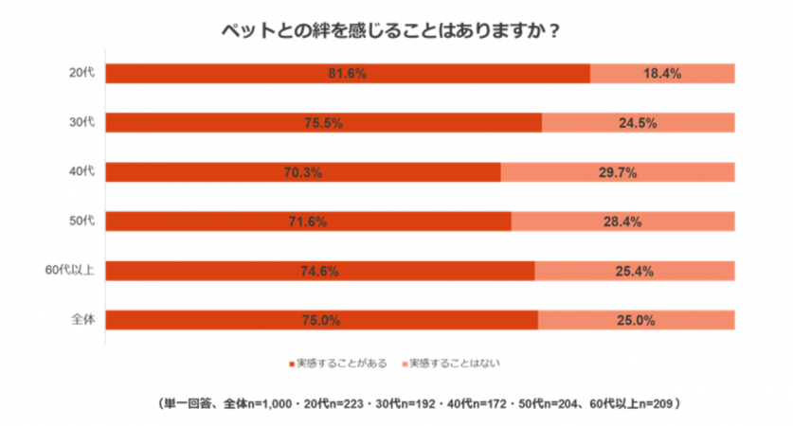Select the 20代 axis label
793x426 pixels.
click(81, 74)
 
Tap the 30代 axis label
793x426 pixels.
click(81, 123)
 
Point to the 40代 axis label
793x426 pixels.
click(81, 172)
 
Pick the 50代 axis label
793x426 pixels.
click(81, 222)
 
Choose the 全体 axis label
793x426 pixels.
click(81, 320)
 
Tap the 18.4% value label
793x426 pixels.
click(662, 74)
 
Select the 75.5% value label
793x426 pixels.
click(323, 123)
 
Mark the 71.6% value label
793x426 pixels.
click(308, 222)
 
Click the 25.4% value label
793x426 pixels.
click(635, 271)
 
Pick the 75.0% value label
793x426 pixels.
click(321, 320)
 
